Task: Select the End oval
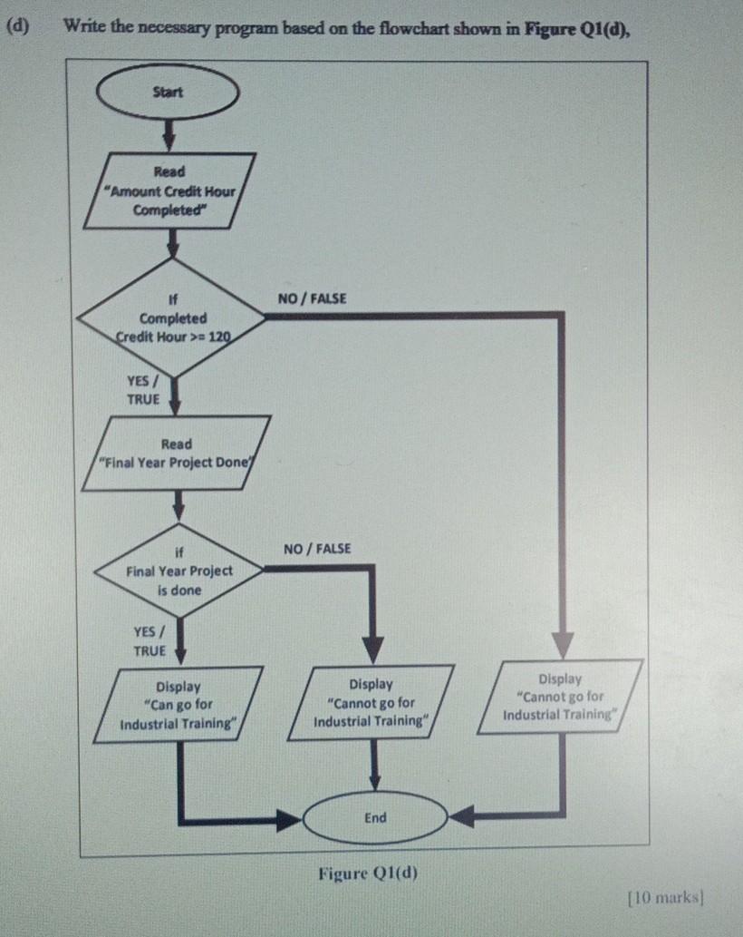pos(375,818)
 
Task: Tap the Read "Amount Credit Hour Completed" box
pos(169,190)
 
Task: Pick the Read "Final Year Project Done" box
pos(176,453)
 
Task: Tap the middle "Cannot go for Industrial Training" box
pos(371,703)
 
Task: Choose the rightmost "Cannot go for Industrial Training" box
pos(560,697)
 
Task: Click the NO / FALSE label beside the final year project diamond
pos(316,549)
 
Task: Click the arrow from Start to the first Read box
pos(169,134)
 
